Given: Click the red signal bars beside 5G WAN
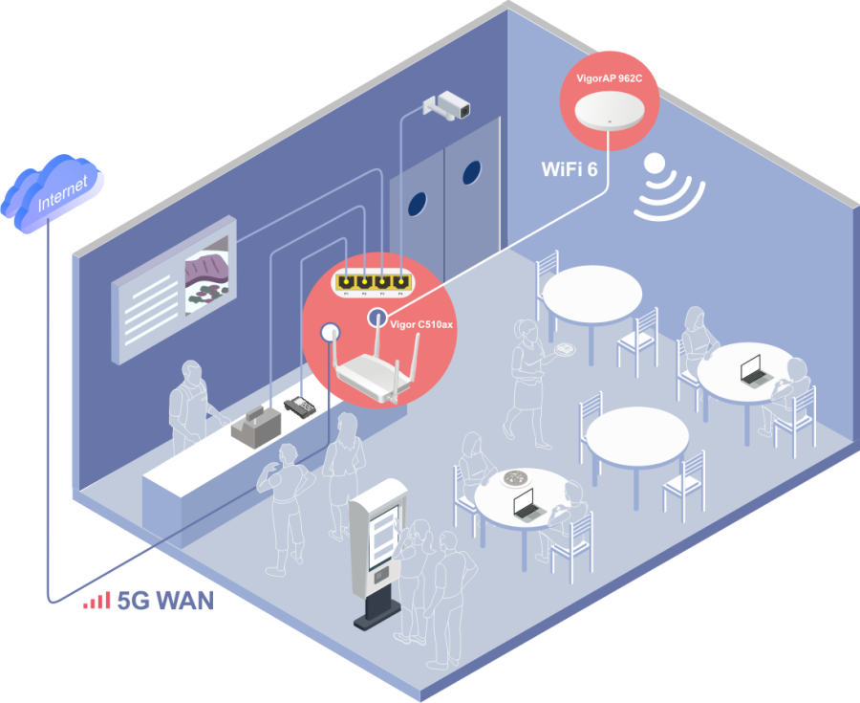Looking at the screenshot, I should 96,601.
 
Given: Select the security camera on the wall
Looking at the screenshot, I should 446,105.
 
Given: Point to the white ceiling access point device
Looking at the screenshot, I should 608,110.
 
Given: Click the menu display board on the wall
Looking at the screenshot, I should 174,292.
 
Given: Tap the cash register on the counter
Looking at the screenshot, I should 255,423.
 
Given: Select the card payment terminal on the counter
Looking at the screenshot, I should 299,406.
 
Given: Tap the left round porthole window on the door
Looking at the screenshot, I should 419,202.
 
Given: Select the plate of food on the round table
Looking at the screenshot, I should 519,478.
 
